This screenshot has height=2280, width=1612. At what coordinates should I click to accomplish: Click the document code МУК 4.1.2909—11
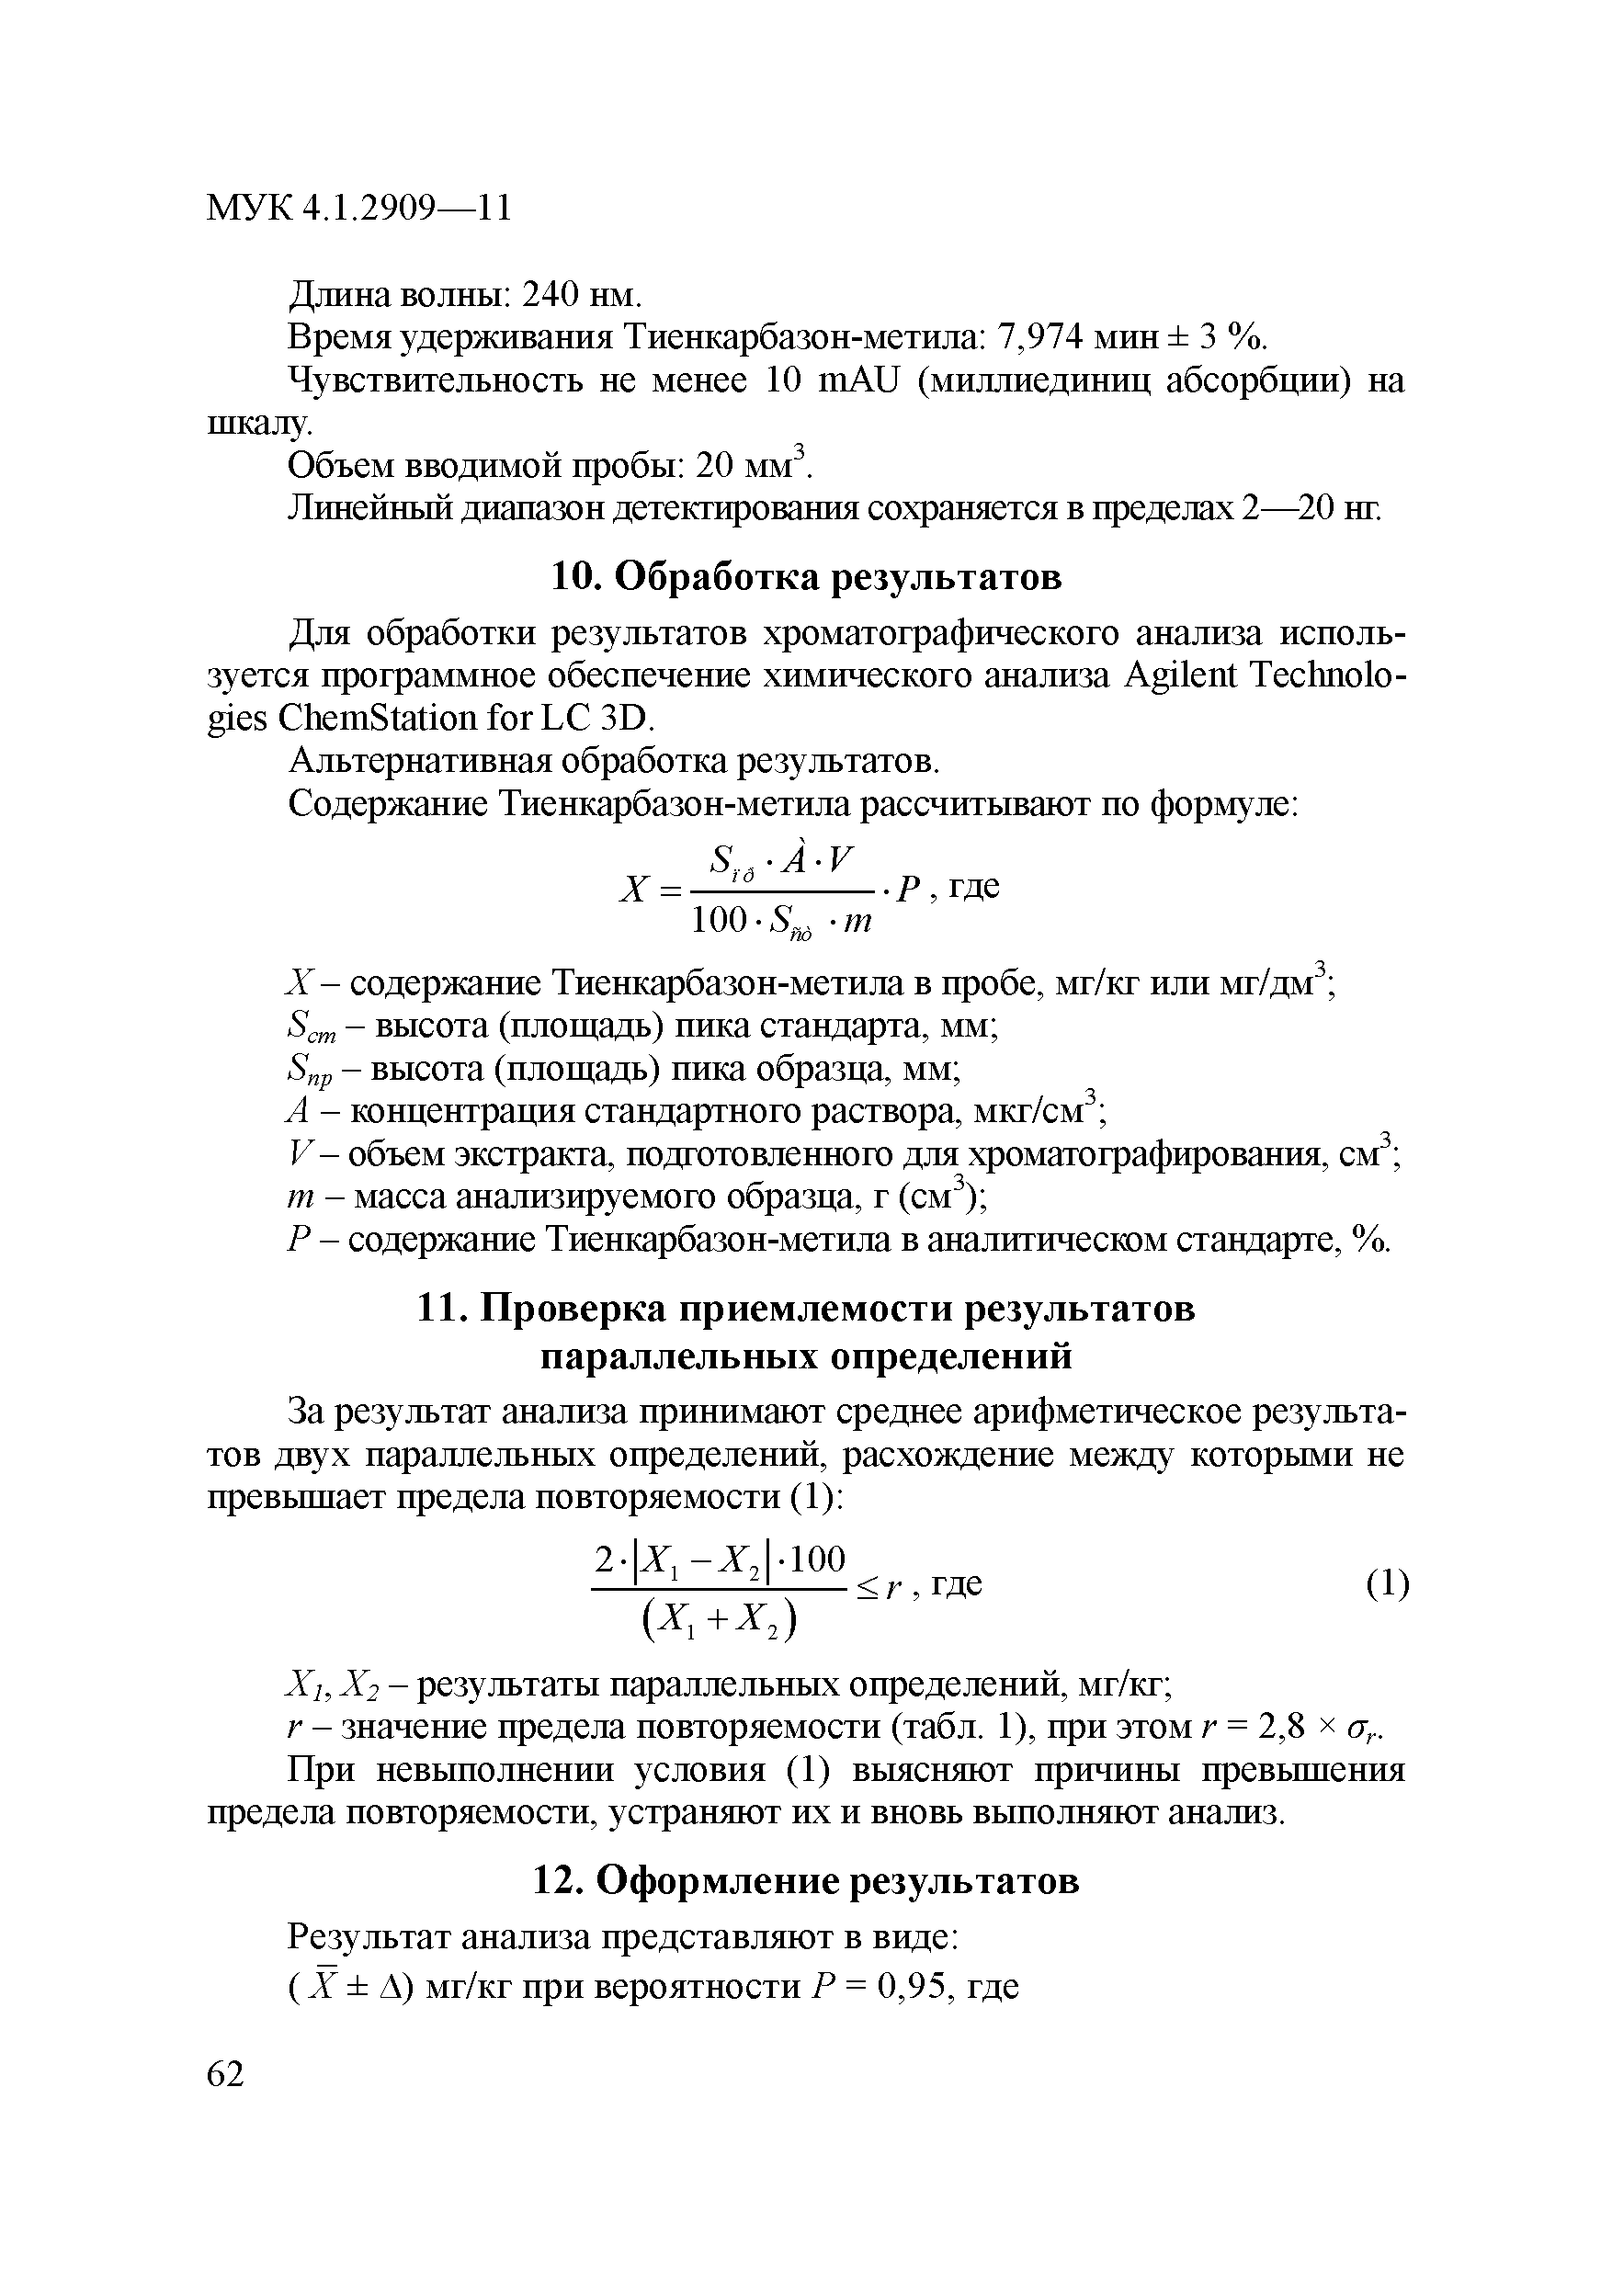(358, 209)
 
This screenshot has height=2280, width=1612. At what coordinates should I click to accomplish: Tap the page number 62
(225, 2073)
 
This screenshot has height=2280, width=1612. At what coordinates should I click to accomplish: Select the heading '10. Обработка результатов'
(805, 578)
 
